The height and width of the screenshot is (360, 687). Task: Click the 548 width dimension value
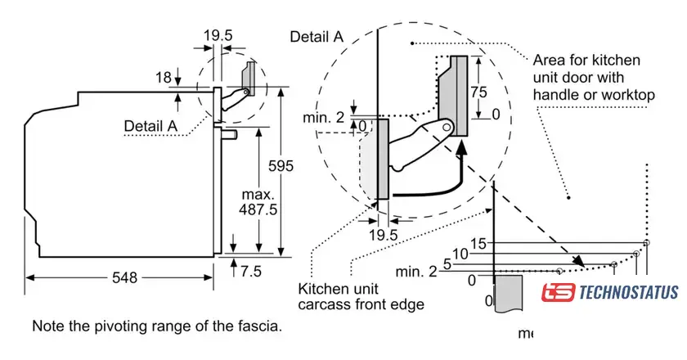(x=119, y=277)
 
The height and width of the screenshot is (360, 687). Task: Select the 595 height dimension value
(x=281, y=166)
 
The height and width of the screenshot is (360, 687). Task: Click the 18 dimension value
(x=163, y=78)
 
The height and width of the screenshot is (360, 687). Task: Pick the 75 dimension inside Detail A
(x=483, y=91)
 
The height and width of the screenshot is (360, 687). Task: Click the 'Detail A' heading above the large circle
(x=316, y=37)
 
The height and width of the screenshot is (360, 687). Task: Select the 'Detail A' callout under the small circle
(x=150, y=126)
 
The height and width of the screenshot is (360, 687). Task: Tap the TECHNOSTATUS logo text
(x=628, y=292)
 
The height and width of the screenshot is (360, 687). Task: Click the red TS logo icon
(x=558, y=293)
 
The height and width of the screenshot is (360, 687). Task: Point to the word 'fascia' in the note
(x=261, y=326)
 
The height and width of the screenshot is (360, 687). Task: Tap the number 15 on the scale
(x=479, y=244)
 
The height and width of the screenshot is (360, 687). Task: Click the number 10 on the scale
(x=460, y=254)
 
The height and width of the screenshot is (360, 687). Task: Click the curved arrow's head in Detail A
(x=462, y=148)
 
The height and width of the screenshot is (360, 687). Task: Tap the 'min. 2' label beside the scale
(x=415, y=272)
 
